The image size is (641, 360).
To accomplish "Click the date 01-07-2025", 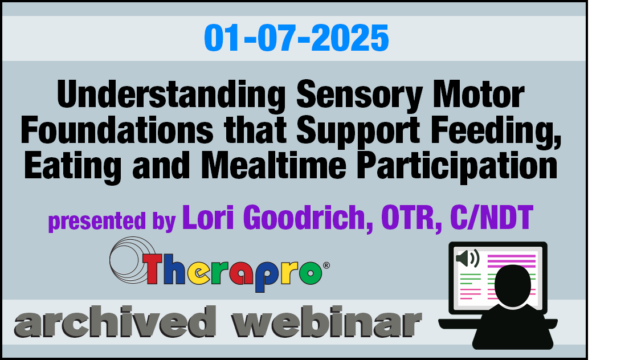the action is point(296,38).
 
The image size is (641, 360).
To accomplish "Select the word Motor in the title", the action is point(478,95).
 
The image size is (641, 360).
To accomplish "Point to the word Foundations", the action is point(117,130).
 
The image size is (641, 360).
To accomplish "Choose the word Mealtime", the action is point(274,165).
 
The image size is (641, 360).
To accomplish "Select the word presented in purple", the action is point(97,222).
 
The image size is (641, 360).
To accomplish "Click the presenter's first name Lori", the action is point(208,218).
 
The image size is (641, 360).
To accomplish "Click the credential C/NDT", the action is point(491,218).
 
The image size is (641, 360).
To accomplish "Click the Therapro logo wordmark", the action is point(232,270).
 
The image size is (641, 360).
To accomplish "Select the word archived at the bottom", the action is point(115,322).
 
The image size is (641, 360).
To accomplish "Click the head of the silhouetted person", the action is point(513,285).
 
